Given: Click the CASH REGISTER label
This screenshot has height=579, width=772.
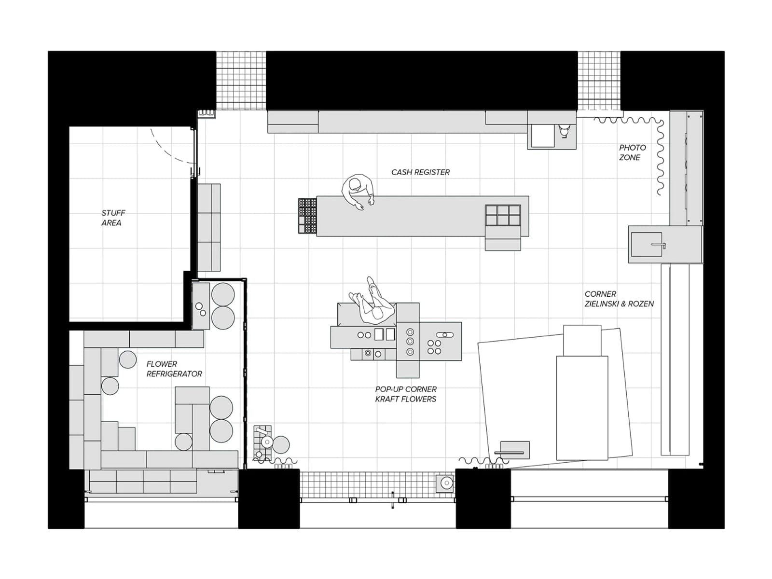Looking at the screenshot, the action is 420,172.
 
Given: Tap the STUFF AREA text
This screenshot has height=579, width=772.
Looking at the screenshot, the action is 113,218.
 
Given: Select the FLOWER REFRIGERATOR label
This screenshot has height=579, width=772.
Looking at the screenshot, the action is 174,369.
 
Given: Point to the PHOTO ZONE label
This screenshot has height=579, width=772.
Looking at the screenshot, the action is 633,152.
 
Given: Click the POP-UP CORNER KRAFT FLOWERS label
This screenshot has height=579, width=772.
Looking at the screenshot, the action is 405,394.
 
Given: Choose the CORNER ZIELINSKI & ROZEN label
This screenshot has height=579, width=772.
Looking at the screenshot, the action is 619,299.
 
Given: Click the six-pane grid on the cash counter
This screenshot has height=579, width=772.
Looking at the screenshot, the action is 503,215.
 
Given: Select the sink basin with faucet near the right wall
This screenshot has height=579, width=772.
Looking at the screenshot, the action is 647,244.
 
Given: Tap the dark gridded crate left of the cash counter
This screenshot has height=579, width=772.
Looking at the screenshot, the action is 307,216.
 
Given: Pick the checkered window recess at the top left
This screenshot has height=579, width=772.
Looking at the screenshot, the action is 241,81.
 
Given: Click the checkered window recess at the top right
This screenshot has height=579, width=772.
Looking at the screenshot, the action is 599,81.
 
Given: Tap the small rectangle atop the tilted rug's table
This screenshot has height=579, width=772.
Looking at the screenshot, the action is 582,341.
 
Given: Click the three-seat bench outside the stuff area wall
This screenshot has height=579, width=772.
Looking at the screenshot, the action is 209,227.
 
